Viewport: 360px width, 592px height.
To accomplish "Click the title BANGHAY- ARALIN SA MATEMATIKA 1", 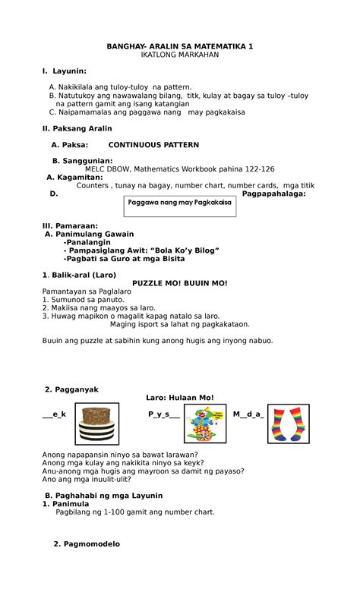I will click(x=180, y=46).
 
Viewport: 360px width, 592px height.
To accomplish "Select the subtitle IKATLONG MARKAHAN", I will click(x=180, y=56).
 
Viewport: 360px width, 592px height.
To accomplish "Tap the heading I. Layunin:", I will click(x=64, y=71).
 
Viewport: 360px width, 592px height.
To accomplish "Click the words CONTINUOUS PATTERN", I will click(x=153, y=144).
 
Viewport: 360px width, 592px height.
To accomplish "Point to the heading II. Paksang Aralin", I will click(x=77, y=128).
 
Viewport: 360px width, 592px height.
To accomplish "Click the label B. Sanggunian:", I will click(x=82, y=161).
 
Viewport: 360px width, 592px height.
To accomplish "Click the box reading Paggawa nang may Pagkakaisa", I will click(x=180, y=203).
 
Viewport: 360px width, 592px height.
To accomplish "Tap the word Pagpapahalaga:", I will click(x=273, y=194).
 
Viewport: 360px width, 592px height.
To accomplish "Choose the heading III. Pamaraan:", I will click(x=70, y=225).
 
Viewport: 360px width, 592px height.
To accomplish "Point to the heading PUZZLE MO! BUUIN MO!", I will click(x=180, y=283).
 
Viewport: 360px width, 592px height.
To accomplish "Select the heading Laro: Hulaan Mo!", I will click(x=180, y=398).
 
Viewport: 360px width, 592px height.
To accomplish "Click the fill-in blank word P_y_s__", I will click(x=164, y=414).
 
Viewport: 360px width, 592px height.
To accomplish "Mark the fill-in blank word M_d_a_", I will click(x=248, y=414).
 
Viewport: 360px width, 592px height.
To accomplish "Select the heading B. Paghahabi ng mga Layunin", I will click(x=103, y=496).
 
